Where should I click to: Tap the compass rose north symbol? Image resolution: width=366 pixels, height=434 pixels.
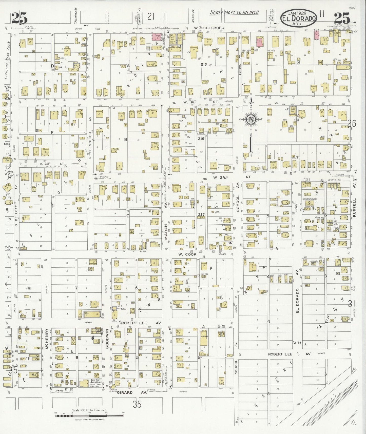coord(251,120)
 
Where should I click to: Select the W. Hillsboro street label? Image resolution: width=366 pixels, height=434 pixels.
coord(209,28)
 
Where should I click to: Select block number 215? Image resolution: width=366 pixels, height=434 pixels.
coord(204,65)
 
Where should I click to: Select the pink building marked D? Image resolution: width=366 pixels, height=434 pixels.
coord(259,42)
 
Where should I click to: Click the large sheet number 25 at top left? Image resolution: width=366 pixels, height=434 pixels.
coord(19,18)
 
